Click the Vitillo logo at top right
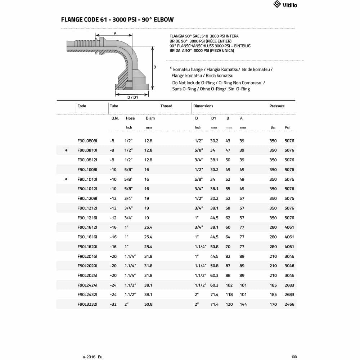pos(285,5)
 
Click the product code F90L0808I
pos(87,141)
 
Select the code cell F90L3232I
pos(87,304)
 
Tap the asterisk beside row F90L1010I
pos(66,179)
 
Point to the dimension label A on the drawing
pos(115,33)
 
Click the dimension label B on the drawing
pos(154,67)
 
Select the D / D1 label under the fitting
pos(133,97)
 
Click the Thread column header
pos(166,106)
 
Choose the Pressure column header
pos(277,106)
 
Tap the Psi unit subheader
pos(287,127)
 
